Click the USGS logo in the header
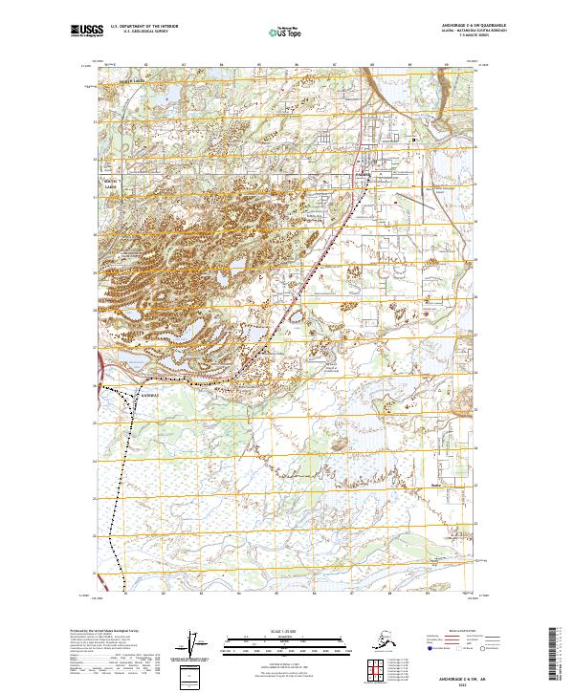(x=86, y=32)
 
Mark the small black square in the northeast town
(x=414, y=140)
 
